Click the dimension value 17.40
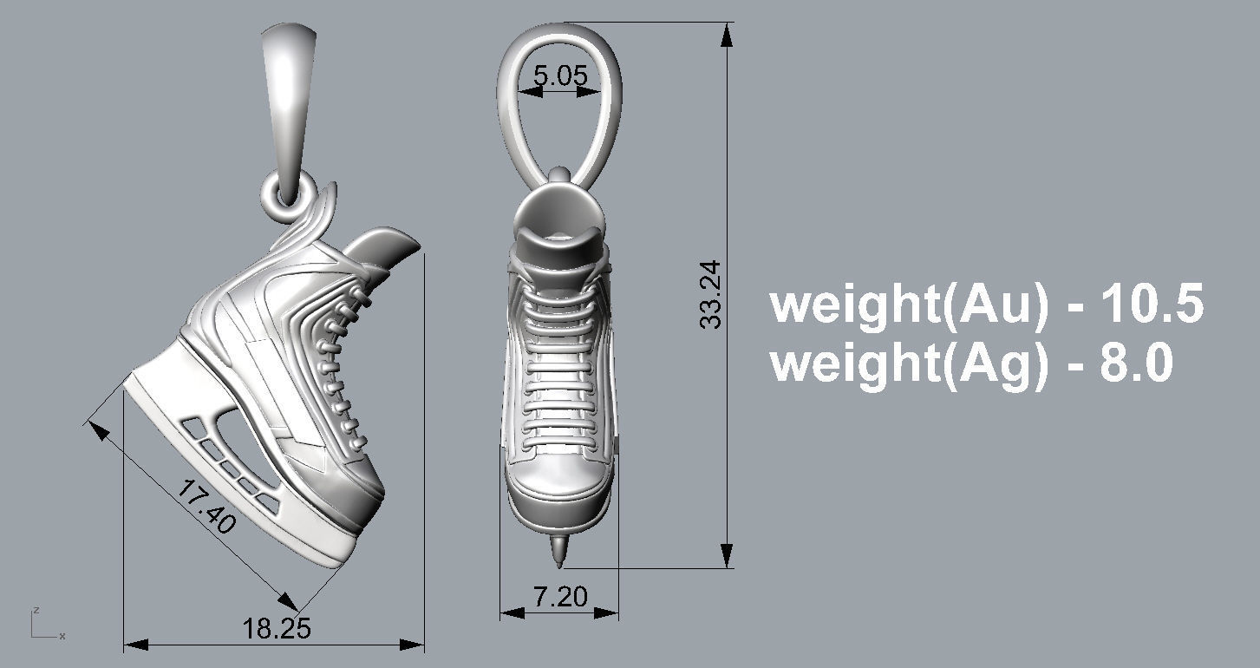coord(206,508)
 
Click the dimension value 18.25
coord(276,628)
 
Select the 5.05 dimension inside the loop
coord(560,75)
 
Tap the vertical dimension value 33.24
coord(711,295)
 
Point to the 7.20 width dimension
coord(559,596)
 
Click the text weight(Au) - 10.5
coord(987,305)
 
